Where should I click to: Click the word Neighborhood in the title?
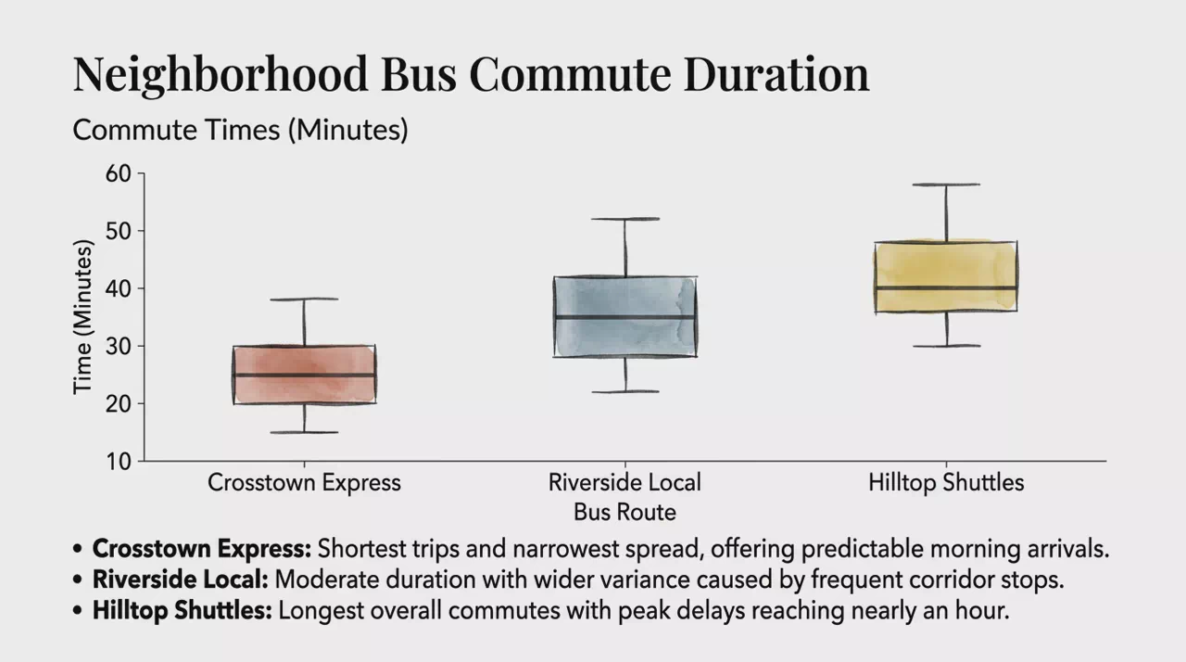[221, 75]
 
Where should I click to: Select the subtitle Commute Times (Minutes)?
[240, 130]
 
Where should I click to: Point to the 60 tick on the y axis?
[118, 173]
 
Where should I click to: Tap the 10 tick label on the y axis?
[118, 462]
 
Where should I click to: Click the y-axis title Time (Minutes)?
[82, 317]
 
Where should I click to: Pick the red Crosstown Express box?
[305, 375]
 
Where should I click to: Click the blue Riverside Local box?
[625, 317]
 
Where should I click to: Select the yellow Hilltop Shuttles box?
[946, 276]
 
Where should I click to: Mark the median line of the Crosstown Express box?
[305, 375]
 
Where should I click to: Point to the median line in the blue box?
[625, 317]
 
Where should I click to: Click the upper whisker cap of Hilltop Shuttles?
[946, 185]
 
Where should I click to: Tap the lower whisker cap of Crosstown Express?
[305, 432]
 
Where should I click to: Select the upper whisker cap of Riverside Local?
[625, 219]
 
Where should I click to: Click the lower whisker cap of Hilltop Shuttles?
[946, 346]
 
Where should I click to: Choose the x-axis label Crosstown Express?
[305, 482]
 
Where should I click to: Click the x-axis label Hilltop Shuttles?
[946, 482]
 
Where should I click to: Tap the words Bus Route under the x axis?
[625, 512]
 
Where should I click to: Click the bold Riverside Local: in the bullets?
[181, 579]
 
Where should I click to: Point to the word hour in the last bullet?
[982, 611]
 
